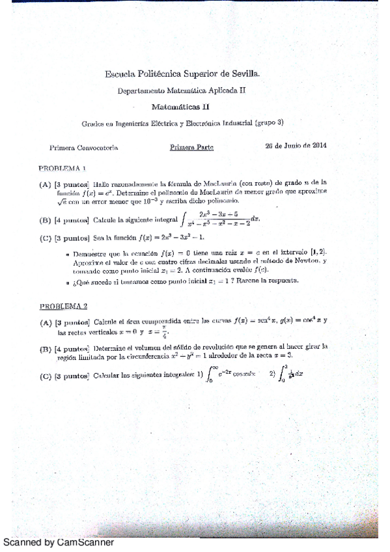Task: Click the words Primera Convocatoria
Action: (x=83, y=148)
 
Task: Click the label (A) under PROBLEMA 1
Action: (x=45, y=184)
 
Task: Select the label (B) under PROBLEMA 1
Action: (x=45, y=220)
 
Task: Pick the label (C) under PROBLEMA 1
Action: (x=45, y=238)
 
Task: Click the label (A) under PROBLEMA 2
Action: (x=46, y=322)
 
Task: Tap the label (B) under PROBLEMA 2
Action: (x=46, y=349)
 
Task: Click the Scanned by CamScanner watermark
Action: (x=59, y=542)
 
